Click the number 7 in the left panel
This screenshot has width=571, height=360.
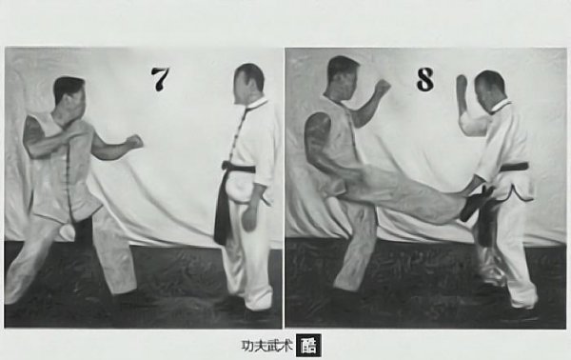click(160, 79)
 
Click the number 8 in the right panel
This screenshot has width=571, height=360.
click(425, 79)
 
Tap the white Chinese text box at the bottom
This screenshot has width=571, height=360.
click(308, 345)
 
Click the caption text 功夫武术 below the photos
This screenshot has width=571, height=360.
click(266, 346)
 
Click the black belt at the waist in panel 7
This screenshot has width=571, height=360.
click(239, 168)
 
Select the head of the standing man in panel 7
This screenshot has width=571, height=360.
click(249, 83)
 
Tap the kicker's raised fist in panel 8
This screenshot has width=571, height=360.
click(382, 86)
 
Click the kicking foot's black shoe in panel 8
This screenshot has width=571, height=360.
click(476, 204)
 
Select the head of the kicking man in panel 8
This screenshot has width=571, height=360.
click(343, 76)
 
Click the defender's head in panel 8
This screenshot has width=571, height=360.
click(490, 88)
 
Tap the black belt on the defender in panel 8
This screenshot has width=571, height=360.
click(514, 168)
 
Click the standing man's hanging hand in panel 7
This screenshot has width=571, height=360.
click(249, 218)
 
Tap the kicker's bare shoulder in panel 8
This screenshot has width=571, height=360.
click(318, 127)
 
